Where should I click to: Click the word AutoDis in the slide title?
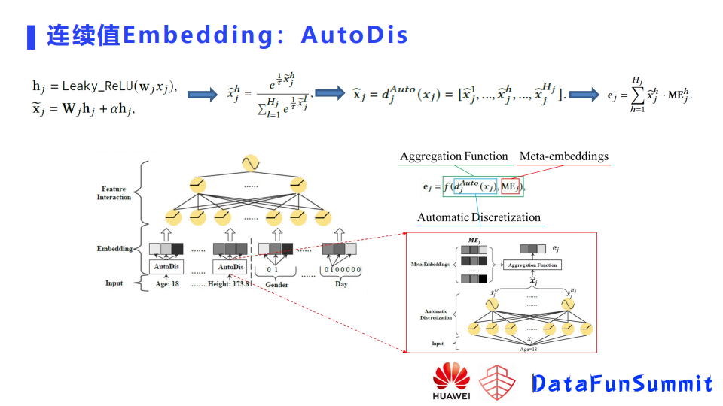[354, 35]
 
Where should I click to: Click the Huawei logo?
[451, 380]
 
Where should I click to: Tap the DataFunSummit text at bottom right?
[622, 383]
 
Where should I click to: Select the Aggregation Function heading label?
[453, 156]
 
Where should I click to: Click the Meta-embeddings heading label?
[563, 156]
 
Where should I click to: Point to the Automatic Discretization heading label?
[479, 217]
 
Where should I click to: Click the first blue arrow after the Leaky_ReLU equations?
[203, 95]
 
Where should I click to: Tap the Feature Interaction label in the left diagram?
[114, 193]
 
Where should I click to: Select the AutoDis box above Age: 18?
[167, 267]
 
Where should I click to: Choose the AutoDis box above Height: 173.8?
[230, 267]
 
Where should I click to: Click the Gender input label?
[276, 285]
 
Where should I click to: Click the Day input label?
[341, 285]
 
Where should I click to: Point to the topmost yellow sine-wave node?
[249, 162]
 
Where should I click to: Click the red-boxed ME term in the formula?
[510, 186]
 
